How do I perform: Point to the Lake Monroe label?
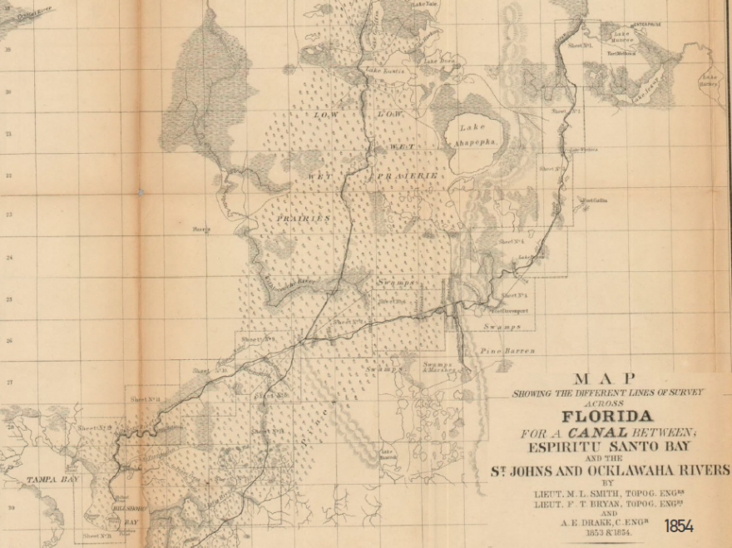coord(624,37)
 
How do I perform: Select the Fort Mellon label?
coord(621,53)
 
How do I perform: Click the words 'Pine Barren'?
coord(507,352)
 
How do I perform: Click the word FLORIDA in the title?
coord(607,416)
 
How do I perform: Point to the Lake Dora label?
coord(438,61)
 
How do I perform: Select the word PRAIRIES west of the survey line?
coord(303,218)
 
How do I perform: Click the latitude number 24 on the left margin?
coord(8,258)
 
